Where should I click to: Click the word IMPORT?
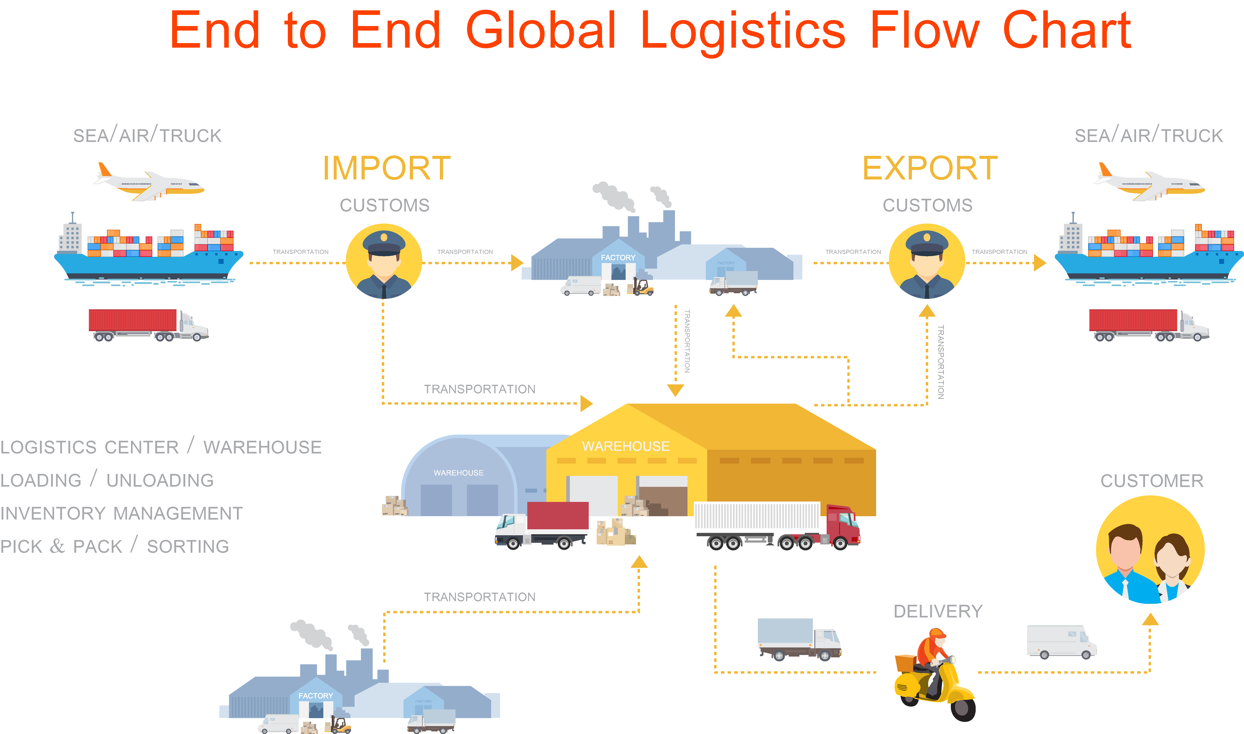(387, 168)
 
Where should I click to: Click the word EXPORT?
(930, 168)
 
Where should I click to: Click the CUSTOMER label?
(1151, 481)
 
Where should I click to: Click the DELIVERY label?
(938, 611)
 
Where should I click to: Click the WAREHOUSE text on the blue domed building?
(458, 473)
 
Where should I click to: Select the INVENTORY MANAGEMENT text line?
(121, 513)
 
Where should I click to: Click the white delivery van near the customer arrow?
(1061, 641)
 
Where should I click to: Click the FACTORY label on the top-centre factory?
(618, 258)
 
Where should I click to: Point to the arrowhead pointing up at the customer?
(1150, 619)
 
